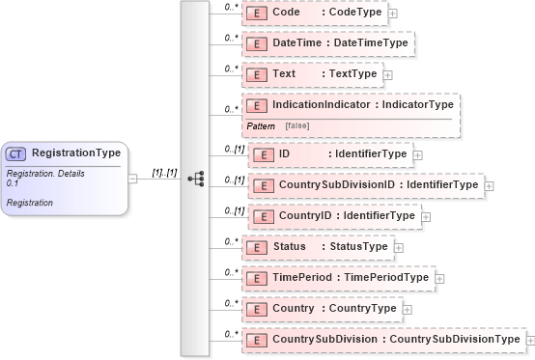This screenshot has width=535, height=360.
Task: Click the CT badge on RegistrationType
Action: click(15, 153)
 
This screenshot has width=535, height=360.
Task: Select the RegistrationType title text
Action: click(76, 152)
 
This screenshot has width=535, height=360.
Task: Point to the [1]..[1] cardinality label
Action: click(165, 173)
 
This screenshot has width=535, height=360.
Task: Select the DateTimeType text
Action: click(371, 44)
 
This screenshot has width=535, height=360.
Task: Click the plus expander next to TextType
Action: click(388, 74)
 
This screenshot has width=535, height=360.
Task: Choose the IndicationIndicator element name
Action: click(334, 103)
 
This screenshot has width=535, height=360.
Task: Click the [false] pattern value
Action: click(296, 126)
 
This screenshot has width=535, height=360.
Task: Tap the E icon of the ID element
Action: click(262, 153)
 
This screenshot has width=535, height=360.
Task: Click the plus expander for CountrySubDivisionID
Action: click(490, 185)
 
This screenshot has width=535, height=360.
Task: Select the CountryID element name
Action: click(306, 216)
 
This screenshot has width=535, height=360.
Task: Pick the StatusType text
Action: click(359, 247)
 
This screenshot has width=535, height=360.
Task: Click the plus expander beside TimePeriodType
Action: click(440, 278)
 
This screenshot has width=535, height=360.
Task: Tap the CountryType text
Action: click(363, 309)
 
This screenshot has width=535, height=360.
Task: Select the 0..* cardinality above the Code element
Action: click(231, 7)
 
